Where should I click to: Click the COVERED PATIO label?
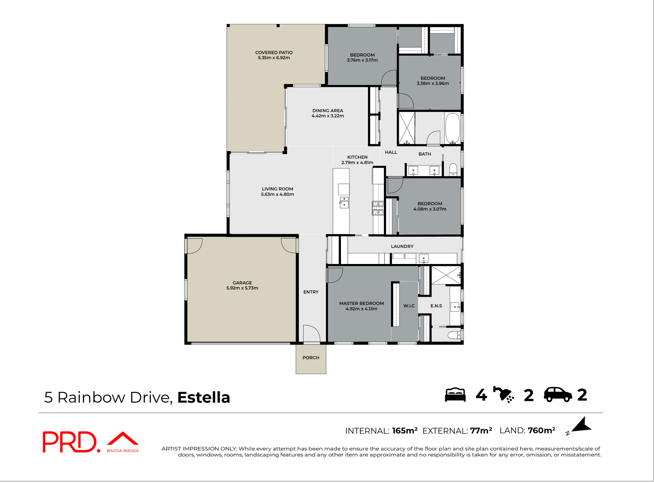tap(274, 52)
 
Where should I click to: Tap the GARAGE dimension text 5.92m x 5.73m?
tap(242, 288)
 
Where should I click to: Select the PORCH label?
tap(311, 358)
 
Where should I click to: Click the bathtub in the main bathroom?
tap(452, 128)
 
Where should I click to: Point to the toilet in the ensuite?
tap(454, 336)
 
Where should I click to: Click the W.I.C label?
tap(409, 306)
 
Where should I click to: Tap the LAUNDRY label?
tap(402, 246)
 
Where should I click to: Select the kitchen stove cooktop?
tap(378, 208)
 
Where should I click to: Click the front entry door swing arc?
tap(312, 333)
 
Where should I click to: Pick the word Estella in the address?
tap(204, 398)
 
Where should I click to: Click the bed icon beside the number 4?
tap(455, 395)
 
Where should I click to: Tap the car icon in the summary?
tap(558, 395)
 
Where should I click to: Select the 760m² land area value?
tap(541, 431)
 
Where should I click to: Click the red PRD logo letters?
tap(70, 442)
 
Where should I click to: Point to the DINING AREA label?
tap(328, 111)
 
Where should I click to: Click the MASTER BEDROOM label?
tap(361, 303)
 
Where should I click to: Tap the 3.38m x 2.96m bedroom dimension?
tap(433, 83)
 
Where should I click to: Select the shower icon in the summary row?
tap(503, 395)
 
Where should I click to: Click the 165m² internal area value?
tap(405, 431)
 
